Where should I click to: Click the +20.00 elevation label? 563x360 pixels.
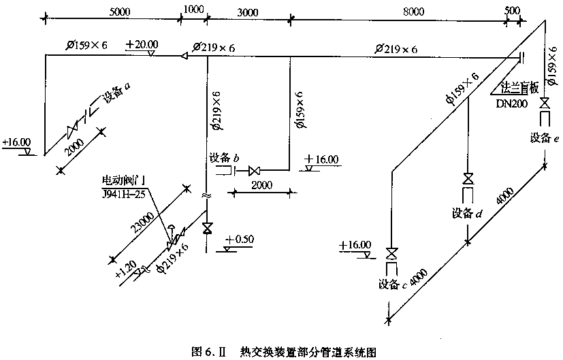click(141, 44)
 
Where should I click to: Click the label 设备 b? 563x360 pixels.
click(225, 158)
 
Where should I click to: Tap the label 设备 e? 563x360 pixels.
click(545, 138)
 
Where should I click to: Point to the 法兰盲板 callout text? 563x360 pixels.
click(519, 88)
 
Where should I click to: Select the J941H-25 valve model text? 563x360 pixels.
click(124, 193)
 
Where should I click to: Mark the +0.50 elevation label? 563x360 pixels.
click(240, 240)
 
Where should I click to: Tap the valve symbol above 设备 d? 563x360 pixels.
click(468, 179)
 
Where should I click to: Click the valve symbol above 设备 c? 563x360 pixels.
click(391, 254)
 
